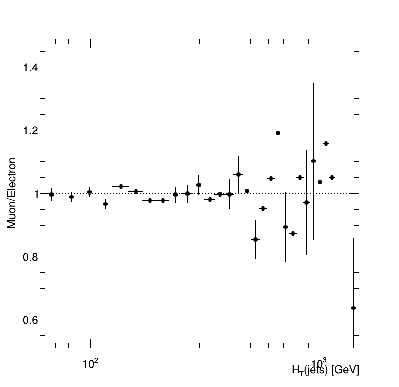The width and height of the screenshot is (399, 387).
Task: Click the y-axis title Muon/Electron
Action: tap(12, 193)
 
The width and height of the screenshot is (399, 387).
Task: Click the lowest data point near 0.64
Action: tap(353, 308)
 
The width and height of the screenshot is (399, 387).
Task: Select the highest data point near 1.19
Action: tap(278, 133)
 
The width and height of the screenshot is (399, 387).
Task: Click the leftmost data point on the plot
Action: tap(51, 195)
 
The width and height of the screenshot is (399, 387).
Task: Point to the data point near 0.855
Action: tap(255, 239)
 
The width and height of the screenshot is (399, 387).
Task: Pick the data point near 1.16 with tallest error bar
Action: tap(326, 143)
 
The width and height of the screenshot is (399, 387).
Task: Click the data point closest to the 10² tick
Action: tap(89, 192)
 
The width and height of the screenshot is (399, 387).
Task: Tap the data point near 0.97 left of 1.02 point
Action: tap(105, 204)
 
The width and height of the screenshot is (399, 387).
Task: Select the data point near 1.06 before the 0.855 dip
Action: tap(238, 174)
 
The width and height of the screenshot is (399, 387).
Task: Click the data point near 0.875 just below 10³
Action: tap(293, 233)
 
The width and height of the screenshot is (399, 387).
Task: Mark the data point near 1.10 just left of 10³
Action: tap(313, 161)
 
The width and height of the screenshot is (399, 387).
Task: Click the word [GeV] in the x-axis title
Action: tap(345, 370)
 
